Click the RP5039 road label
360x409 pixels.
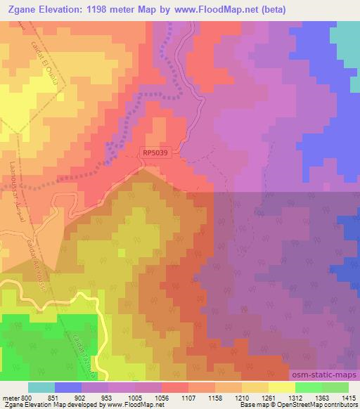[x=156, y=150]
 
